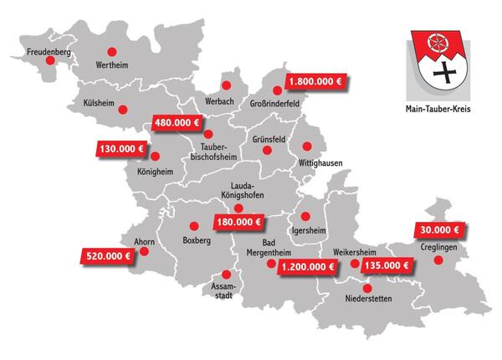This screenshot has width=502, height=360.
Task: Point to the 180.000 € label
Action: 238,223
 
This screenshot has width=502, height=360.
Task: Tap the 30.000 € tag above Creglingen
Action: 438,229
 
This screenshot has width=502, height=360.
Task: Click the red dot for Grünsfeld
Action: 268,151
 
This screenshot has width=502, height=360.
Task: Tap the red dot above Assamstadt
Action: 224,275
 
